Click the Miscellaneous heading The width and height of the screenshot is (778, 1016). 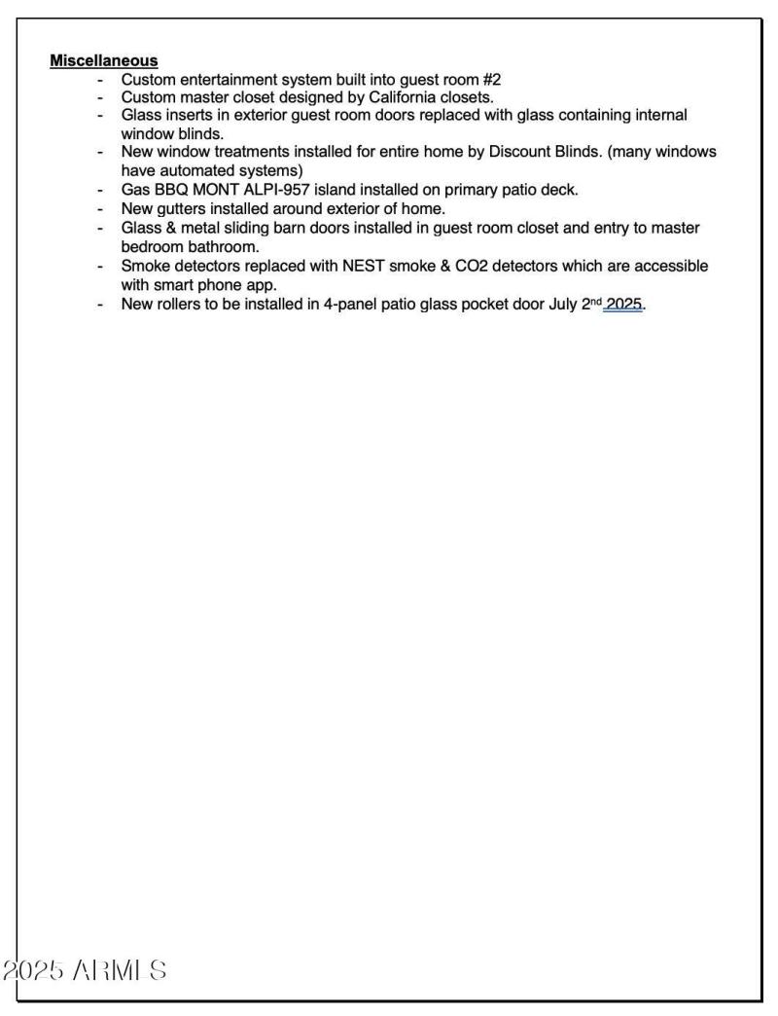103,61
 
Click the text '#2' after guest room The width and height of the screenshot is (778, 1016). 491,80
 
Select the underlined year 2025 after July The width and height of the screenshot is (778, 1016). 624,304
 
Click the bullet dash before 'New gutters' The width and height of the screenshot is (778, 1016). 100,209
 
